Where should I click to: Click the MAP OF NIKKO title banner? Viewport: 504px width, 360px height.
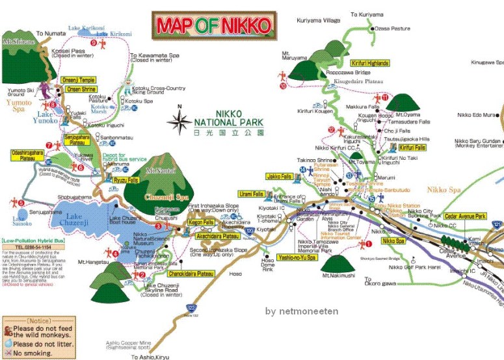[213, 25]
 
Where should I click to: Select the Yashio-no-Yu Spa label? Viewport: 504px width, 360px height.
[297, 257]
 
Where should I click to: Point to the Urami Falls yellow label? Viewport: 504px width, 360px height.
[250, 194]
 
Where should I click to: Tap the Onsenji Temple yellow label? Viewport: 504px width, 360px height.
[78, 80]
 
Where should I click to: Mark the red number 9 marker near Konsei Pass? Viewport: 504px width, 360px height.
[94, 43]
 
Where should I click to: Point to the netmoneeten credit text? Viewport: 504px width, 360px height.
[302, 311]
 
